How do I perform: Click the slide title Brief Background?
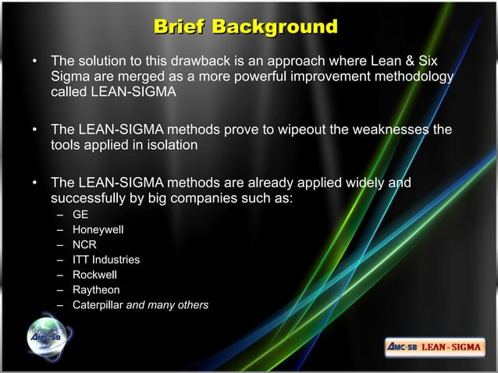246,28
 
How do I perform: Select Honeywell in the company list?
98,229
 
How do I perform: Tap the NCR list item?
84,244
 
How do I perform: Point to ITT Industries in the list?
106,259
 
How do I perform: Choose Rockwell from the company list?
95,275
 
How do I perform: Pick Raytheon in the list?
96,290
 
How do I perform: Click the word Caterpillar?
98,304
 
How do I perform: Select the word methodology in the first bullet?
410,77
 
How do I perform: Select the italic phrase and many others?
167,304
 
